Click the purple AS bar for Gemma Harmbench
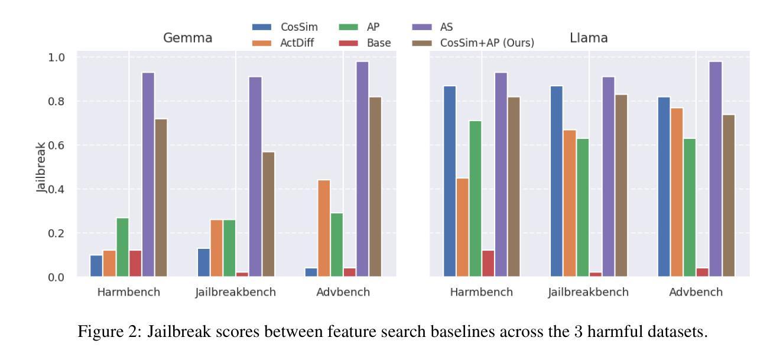pos(148,174)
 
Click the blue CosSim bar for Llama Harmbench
pos(450,181)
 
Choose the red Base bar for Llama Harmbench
pos(488,263)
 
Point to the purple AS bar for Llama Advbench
pos(715,169)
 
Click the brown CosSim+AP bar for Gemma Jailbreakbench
pos(268,214)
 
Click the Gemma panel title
pos(188,38)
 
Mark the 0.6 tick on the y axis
pos(57,145)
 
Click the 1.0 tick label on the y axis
pos(57,57)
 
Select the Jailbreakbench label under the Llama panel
pos(589,292)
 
